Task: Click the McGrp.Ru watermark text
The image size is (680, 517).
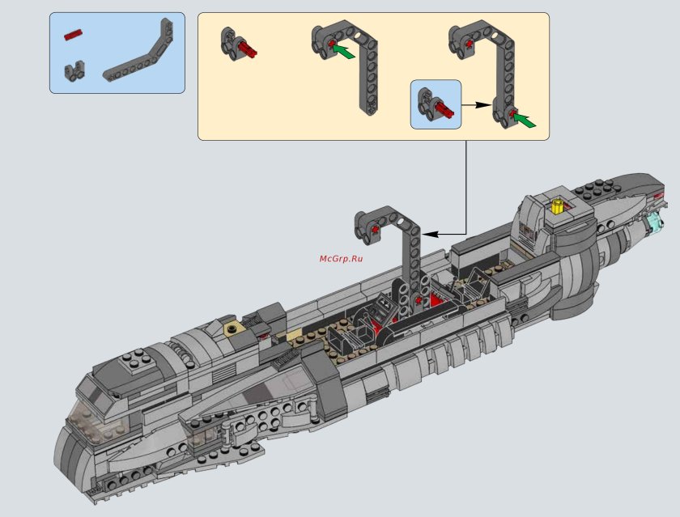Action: (340, 258)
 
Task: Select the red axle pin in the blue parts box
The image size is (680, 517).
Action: (74, 34)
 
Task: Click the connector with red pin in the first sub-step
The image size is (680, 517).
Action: (238, 44)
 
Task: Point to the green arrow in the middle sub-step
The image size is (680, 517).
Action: (344, 53)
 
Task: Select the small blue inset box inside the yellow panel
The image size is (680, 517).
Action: (436, 104)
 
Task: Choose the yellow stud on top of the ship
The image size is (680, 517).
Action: (557, 205)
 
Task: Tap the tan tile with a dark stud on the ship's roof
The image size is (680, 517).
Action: (232, 328)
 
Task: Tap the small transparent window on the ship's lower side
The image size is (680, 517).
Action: (198, 441)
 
